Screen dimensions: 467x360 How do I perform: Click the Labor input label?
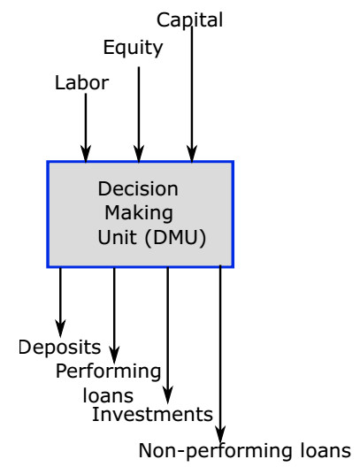pos(81,83)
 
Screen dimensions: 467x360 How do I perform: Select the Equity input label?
pos(133,48)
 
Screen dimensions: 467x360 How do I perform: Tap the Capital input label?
pos(189,19)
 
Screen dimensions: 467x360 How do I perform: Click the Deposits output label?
pos(59,347)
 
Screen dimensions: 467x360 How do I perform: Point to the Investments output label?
pos(152,414)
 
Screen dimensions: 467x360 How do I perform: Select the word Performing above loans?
pos(108,371)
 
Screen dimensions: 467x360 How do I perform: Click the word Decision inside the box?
pos(138,188)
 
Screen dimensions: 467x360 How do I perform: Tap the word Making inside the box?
pos(138,212)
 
